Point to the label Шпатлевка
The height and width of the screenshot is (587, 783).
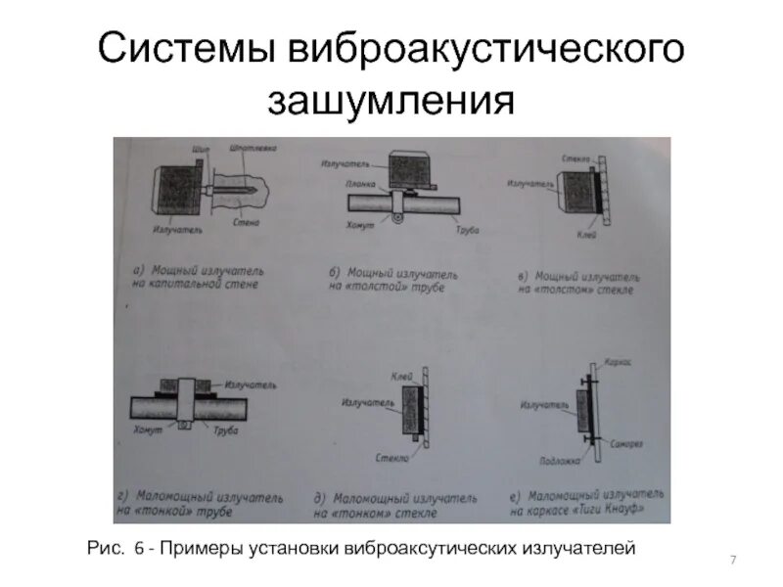[253, 149]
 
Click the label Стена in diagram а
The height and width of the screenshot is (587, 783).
[247, 223]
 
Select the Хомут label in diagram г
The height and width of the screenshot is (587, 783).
[146, 429]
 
